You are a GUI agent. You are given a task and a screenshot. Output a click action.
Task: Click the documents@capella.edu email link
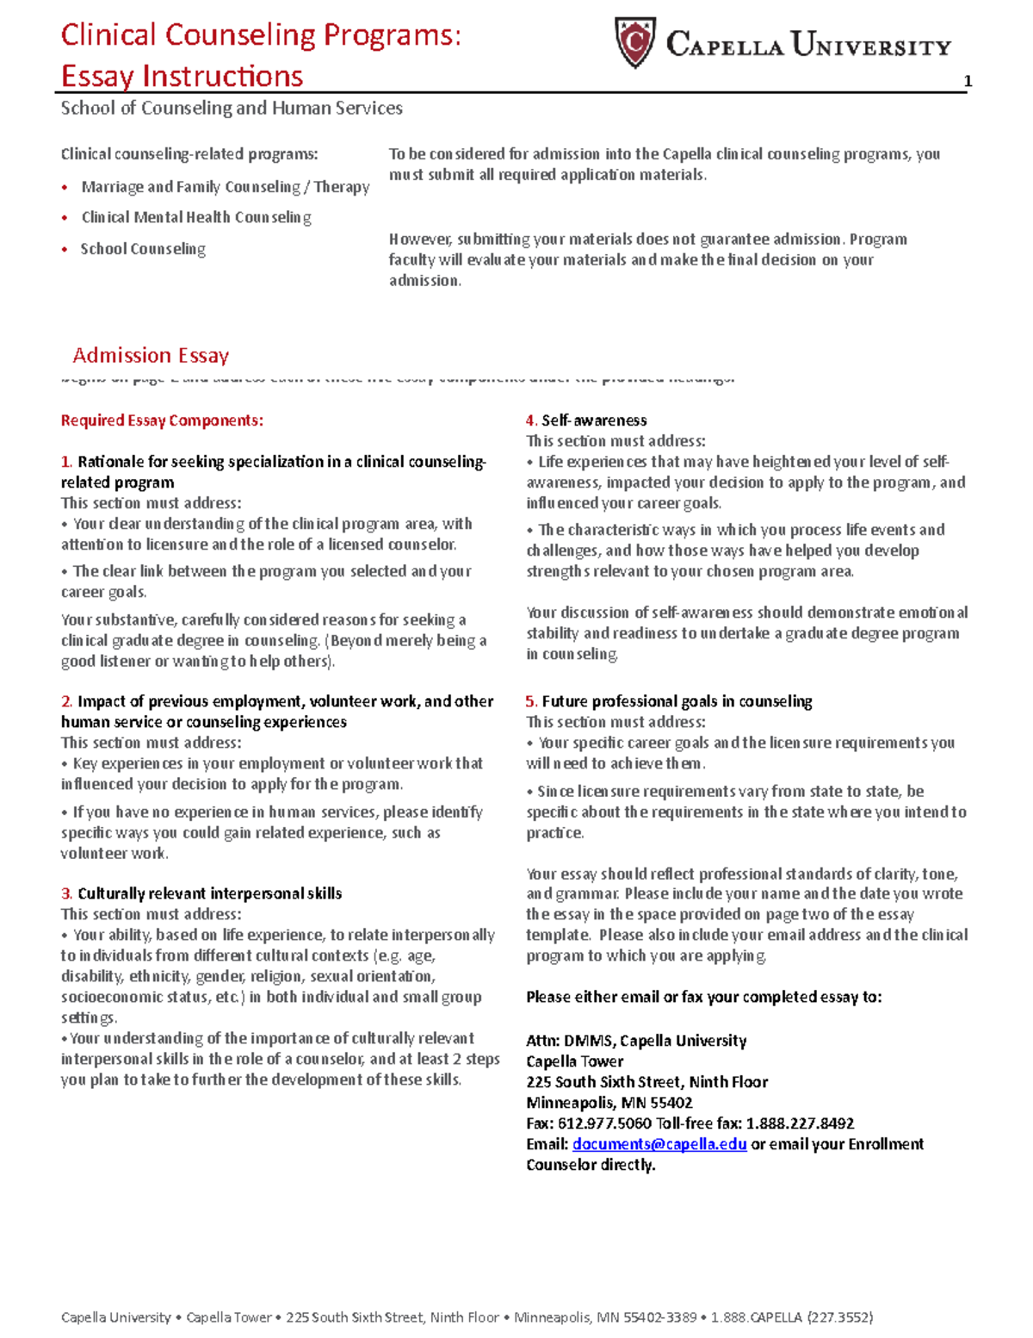coord(659,1144)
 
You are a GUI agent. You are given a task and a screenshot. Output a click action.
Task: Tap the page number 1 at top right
coord(968,81)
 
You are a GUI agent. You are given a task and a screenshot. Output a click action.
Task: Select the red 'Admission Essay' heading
coord(151,355)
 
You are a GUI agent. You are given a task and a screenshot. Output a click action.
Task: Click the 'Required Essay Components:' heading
coord(162,420)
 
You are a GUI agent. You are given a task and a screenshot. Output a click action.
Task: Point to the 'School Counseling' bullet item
coord(143,249)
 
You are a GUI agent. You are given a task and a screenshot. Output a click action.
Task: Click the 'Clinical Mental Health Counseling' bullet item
coord(196,218)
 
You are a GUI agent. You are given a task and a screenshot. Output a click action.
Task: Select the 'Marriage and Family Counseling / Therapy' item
coord(226,187)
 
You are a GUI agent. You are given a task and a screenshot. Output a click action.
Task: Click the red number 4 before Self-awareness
coord(530,420)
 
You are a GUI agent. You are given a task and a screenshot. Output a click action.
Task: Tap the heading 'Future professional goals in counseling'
coord(677,701)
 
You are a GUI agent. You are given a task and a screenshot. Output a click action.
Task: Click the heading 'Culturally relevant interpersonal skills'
coord(209,893)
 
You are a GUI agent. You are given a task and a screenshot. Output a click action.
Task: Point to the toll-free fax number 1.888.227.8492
coord(800,1123)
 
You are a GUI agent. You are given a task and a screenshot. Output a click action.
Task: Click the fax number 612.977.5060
coord(604,1123)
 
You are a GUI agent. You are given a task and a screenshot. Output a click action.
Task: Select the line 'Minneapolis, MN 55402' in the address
coord(609,1103)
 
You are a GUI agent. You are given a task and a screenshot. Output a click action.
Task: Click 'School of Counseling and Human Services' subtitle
coord(232,109)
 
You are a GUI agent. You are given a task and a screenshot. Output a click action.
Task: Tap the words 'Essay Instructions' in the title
coord(182,76)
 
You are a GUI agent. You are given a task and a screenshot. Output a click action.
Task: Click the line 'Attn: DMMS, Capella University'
coord(636,1041)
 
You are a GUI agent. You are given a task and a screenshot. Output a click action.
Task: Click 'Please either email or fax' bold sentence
coord(703,997)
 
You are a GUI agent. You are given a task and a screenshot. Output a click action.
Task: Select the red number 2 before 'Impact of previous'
coord(65,701)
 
